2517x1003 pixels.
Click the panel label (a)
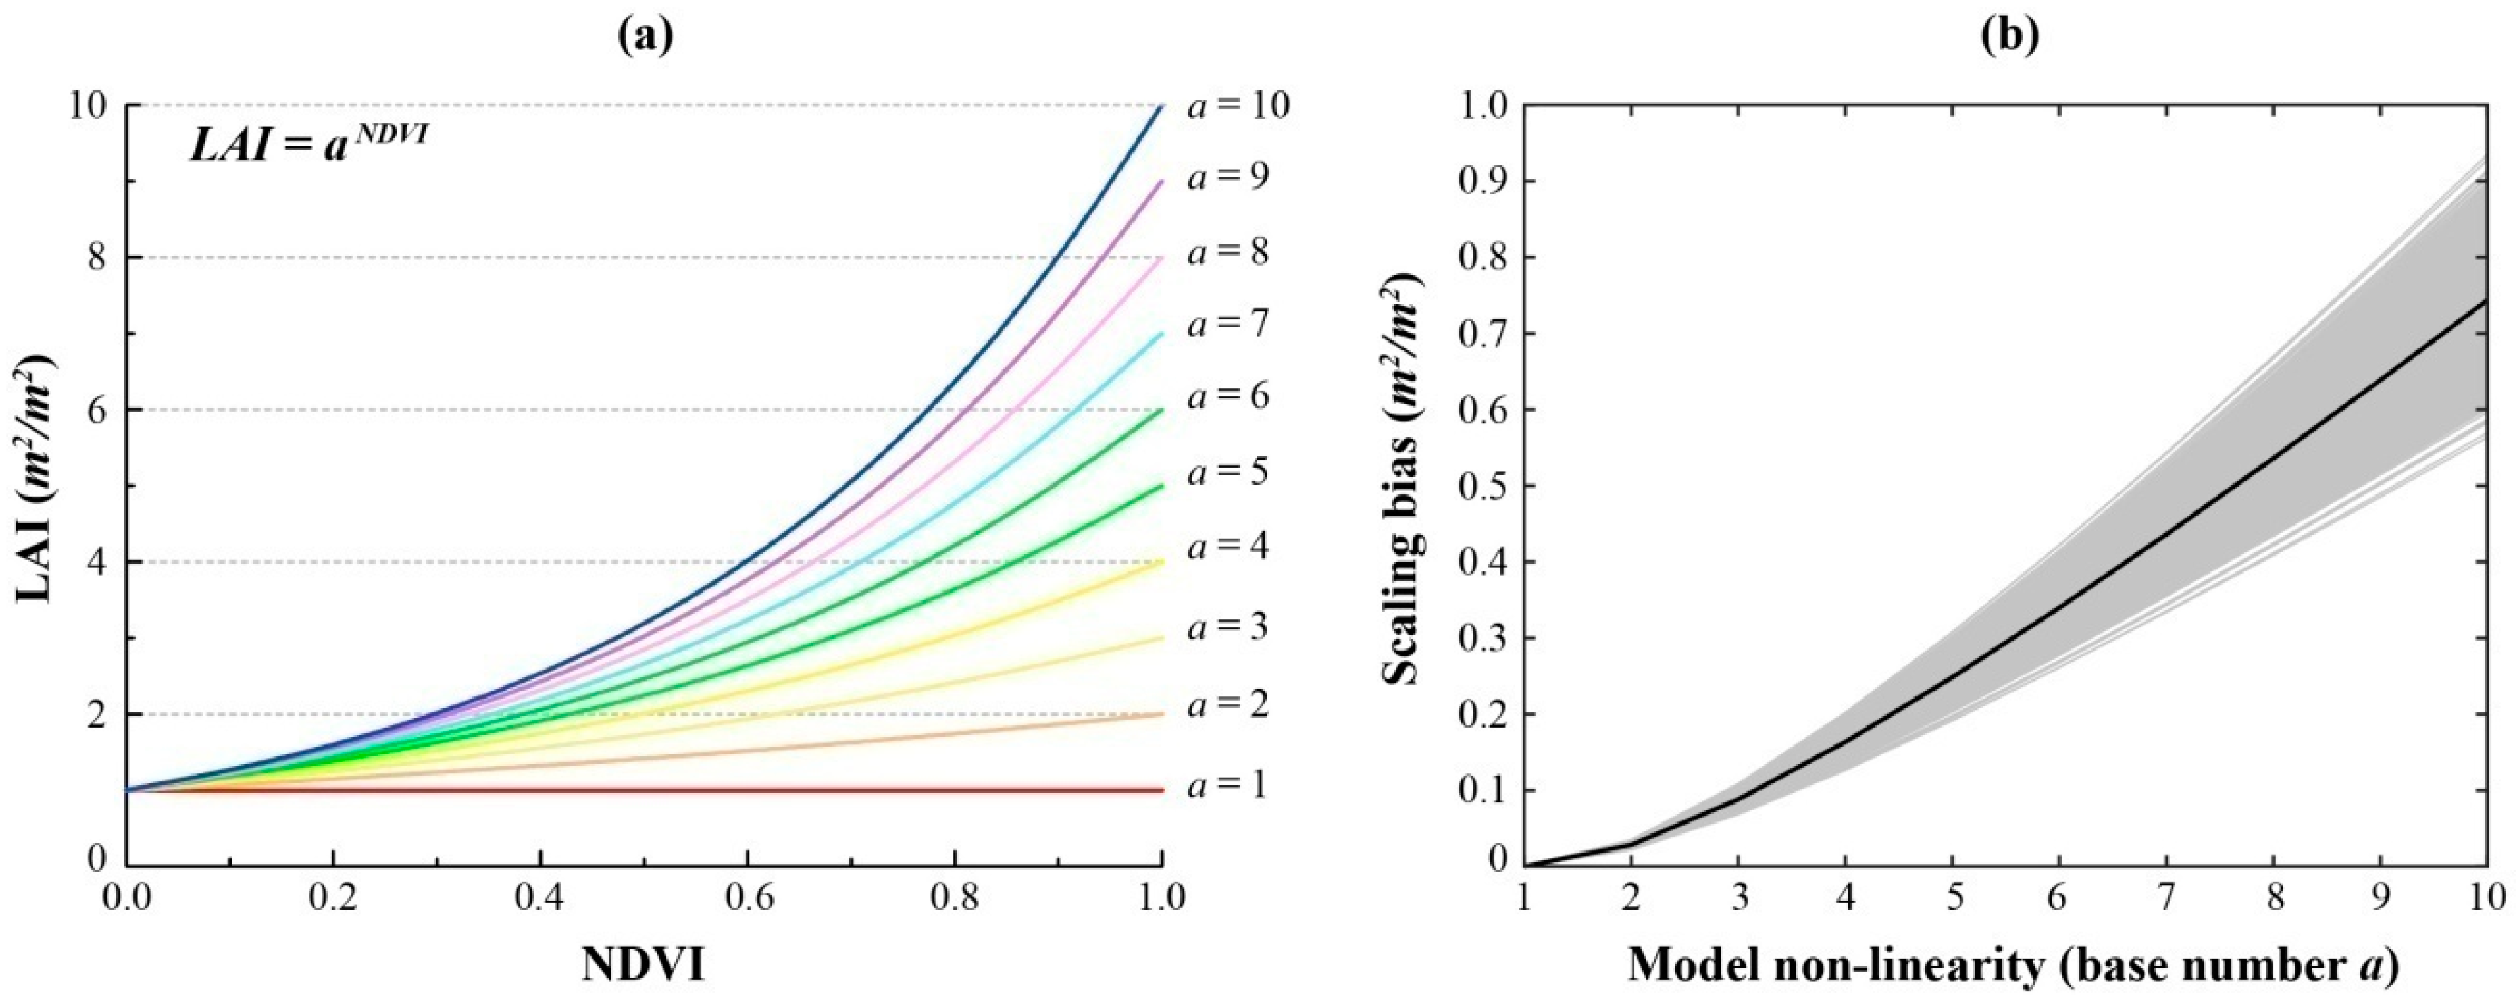(x=644, y=37)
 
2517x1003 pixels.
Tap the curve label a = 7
(x=1228, y=323)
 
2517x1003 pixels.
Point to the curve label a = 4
(x=1228, y=547)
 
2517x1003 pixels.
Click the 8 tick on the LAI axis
(x=96, y=258)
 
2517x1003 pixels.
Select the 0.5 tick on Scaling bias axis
(x=1481, y=487)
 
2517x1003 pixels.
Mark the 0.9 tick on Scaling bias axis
(x=1481, y=182)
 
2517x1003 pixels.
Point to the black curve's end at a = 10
(x=2485, y=303)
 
